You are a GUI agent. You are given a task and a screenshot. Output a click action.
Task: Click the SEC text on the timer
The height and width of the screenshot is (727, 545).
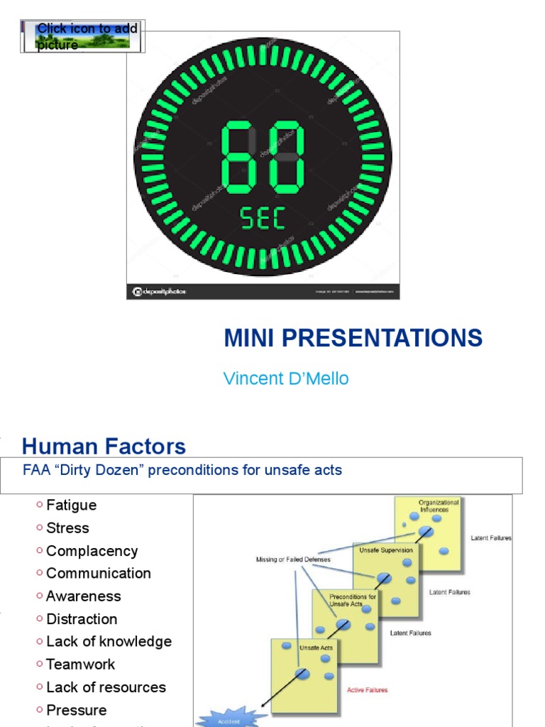263,219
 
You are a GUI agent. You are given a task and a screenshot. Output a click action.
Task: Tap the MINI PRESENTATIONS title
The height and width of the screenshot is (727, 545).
353,338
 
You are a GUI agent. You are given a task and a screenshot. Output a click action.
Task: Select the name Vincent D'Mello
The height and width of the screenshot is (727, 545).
286,378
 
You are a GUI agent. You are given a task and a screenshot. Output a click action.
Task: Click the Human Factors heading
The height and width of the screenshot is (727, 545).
104,447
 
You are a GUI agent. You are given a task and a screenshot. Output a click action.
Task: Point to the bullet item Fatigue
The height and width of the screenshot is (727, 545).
71,505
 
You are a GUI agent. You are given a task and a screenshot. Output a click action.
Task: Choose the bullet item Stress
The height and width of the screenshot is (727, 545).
67,528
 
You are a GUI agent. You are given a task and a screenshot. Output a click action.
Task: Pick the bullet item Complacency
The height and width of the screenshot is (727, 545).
92,551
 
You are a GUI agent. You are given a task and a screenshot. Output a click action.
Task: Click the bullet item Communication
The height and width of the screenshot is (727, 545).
98,574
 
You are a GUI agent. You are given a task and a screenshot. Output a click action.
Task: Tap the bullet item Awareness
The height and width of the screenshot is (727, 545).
83,596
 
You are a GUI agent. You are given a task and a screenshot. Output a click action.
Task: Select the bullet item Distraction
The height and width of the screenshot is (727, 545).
82,619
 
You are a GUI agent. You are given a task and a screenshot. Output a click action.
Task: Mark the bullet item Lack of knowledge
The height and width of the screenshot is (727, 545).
109,642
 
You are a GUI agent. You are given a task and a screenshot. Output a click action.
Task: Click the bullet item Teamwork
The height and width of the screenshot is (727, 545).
80,665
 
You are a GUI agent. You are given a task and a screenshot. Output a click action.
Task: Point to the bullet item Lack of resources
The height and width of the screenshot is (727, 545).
106,687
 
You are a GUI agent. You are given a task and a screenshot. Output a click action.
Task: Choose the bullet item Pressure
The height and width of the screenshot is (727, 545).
76,710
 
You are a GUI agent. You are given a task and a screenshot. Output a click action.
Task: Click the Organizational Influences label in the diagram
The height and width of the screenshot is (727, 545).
439,505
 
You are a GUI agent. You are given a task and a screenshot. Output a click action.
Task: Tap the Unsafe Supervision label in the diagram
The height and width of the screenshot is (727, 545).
385,550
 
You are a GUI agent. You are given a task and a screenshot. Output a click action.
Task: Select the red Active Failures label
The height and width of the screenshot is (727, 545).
367,690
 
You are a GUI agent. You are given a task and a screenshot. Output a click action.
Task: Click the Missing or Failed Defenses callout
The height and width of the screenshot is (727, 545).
290,559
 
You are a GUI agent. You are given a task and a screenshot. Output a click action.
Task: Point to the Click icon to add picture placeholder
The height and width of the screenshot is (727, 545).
83,36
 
